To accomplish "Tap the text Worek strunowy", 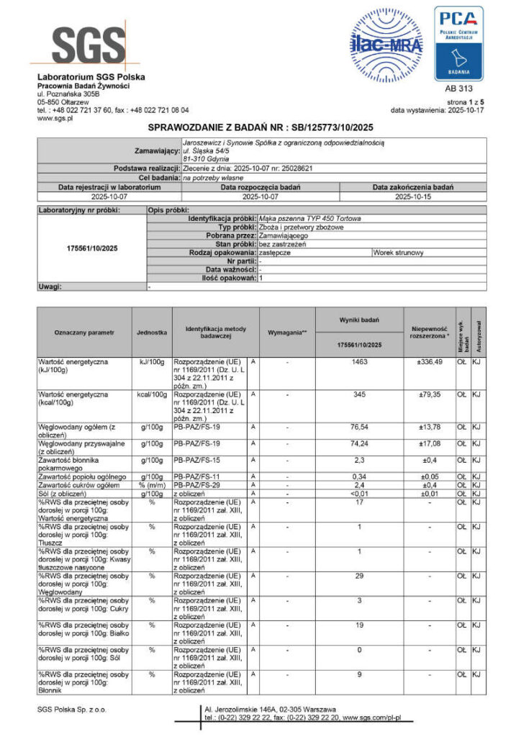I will coord(399,253).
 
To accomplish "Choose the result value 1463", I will coord(360,361).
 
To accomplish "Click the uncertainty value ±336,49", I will coord(429,361).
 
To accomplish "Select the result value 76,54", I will coord(360,427).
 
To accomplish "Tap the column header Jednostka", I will coord(152,333).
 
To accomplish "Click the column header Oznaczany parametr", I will coord(84,333).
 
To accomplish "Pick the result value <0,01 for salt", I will coord(360,494).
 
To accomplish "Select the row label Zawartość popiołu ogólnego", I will coord(83,476).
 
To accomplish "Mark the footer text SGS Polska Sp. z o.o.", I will coord(71,710).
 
